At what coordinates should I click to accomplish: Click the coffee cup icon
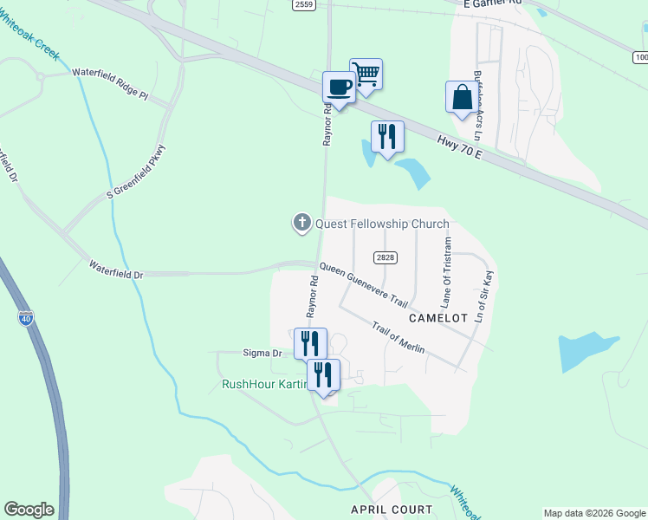pyautogui.click(x=338, y=87)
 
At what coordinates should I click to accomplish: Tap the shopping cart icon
pyautogui.click(x=366, y=75)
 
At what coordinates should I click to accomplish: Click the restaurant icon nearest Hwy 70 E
pyautogui.click(x=387, y=136)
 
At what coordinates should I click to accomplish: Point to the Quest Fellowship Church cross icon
pyautogui.click(x=302, y=224)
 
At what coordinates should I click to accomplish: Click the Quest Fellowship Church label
pyautogui.click(x=382, y=224)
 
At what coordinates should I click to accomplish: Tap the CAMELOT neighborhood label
pyautogui.click(x=437, y=318)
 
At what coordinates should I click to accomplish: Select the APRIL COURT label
pyautogui.click(x=385, y=509)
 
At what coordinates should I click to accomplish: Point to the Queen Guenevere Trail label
pyautogui.click(x=363, y=286)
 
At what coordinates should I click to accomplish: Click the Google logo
pyautogui.click(x=29, y=510)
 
